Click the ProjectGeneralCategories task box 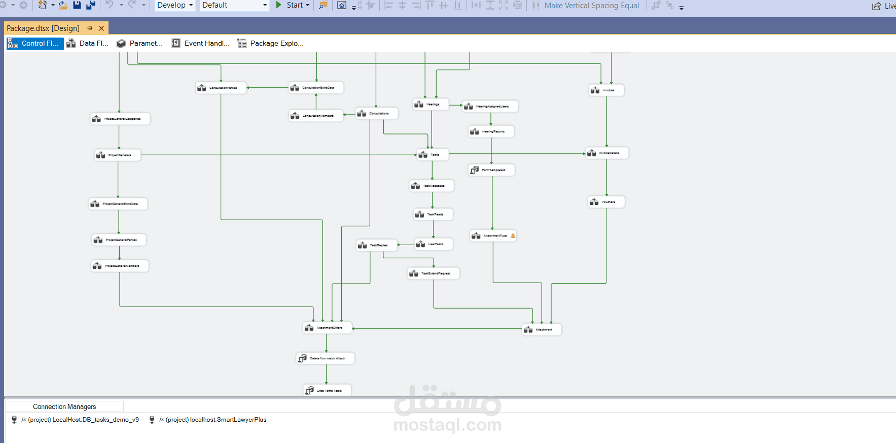[x=120, y=119]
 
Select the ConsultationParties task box [x=221, y=88]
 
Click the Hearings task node [x=431, y=104]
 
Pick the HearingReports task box [x=491, y=131]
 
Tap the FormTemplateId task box [x=491, y=170]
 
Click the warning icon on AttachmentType [x=513, y=235]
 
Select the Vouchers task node [x=606, y=202]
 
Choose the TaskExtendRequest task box [x=434, y=274]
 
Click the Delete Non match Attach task [x=325, y=358]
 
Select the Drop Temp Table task [x=327, y=390]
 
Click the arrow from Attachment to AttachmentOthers [x=436, y=329]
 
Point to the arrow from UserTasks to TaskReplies [x=406, y=245]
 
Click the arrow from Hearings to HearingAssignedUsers [x=455, y=105]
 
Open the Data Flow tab [x=87, y=43]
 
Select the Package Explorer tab [x=271, y=43]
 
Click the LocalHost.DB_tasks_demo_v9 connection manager [x=83, y=420]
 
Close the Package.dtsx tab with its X [x=101, y=28]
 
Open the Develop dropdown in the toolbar [x=175, y=5]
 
